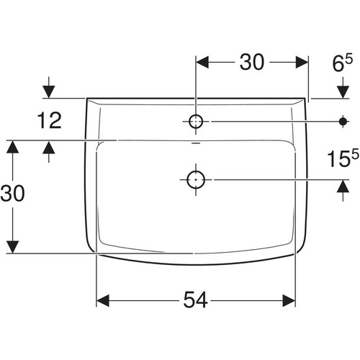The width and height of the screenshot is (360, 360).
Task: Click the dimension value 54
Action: coord(195,300)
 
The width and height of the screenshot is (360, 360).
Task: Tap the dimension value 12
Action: coord(50,120)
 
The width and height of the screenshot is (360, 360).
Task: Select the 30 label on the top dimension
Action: coord(252,62)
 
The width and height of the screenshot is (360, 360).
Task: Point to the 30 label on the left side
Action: coord(12,193)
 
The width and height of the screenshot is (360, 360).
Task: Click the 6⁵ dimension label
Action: coord(343,63)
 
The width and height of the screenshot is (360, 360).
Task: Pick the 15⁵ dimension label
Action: coord(343,158)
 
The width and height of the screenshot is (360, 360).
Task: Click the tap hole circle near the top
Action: coord(196,122)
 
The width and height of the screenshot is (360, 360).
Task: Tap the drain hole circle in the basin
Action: coord(196,179)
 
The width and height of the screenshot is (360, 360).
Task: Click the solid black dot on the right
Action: coord(343,122)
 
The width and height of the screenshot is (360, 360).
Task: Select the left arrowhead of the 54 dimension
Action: coord(103,300)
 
